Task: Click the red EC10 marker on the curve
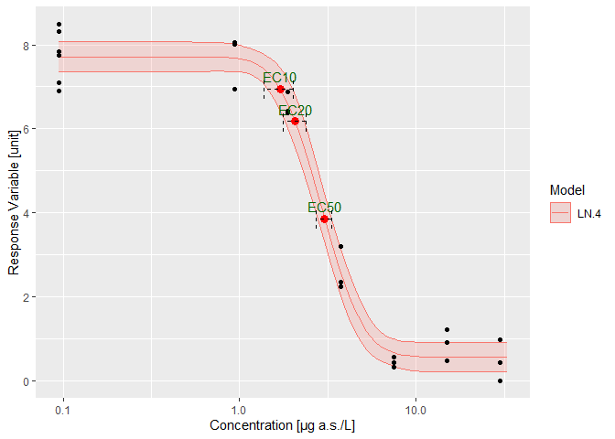click(x=280, y=89)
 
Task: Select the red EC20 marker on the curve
click(x=295, y=121)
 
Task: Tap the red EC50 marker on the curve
click(x=325, y=219)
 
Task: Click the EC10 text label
click(x=279, y=79)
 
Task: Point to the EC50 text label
click(x=324, y=208)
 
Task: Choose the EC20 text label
click(x=296, y=111)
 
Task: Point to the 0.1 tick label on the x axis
click(x=63, y=411)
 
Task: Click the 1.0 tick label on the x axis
click(x=240, y=411)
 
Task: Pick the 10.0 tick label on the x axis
click(x=415, y=411)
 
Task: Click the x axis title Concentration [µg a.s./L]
click(x=284, y=426)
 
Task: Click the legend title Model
click(x=566, y=189)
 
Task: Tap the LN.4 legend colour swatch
click(x=559, y=213)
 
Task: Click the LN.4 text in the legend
click(x=588, y=213)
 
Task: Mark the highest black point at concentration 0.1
click(x=59, y=25)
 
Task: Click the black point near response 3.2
click(x=340, y=246)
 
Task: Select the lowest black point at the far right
click(x=500, y=380)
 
